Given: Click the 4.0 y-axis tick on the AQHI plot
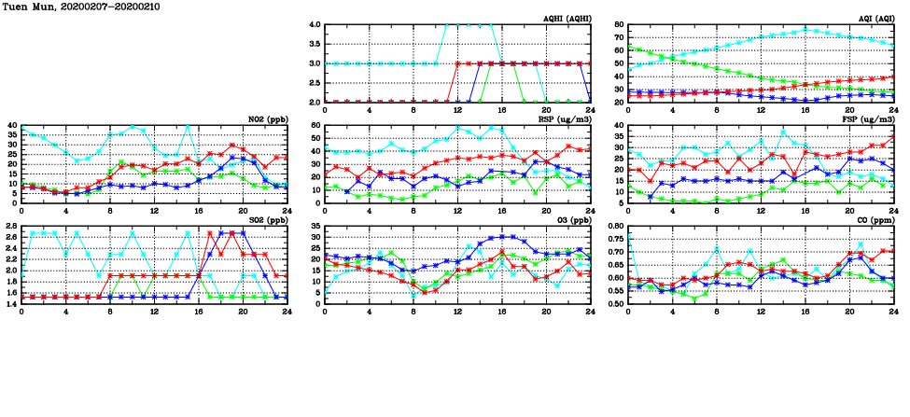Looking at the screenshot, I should point(315,24).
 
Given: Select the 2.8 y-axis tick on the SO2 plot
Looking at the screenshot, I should point(12,226).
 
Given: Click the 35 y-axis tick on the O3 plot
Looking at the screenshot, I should point(316,226).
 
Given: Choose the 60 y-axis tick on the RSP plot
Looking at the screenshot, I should point(316,125).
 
